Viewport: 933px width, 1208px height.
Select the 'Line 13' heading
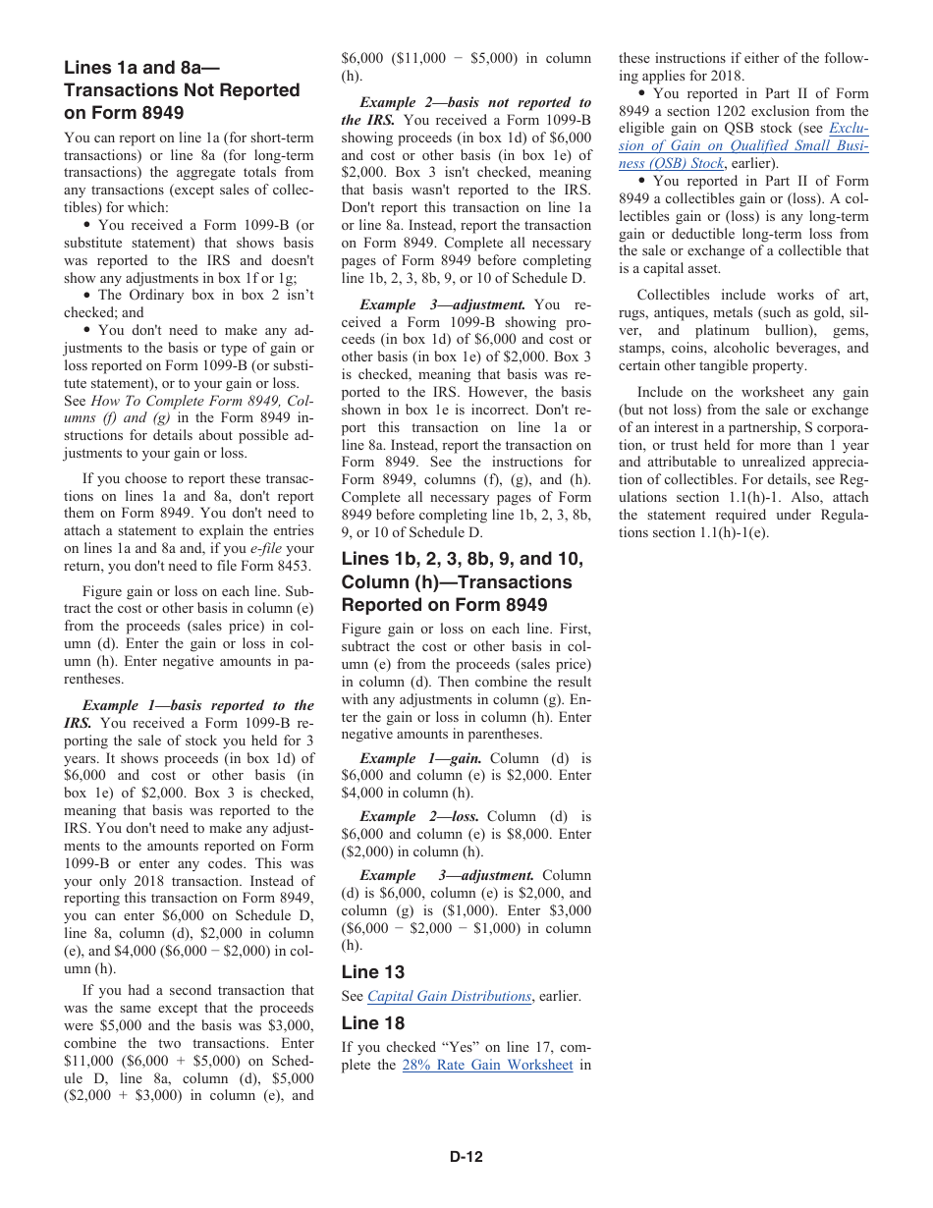click(373, 972)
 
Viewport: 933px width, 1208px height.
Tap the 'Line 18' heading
click(373, 1023)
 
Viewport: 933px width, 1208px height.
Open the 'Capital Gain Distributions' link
click(449, 997)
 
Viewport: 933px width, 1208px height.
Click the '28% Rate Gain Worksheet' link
click(487, 1066)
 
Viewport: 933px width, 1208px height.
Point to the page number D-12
click(466, 1157)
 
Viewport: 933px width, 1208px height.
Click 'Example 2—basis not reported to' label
click(475, 102)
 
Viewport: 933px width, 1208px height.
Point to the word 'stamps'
click(640, 349)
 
